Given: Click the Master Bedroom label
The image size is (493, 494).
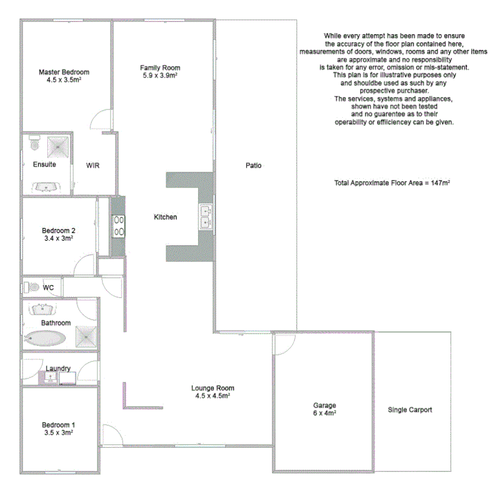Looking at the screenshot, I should (x=64, y=72).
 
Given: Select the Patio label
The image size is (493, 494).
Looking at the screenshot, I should (x=254, y=165).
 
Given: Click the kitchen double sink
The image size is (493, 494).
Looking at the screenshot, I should (x=206, y=216).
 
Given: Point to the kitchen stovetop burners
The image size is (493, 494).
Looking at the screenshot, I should (x=118, y=226).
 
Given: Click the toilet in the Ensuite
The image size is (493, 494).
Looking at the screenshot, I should (x=35, y=144).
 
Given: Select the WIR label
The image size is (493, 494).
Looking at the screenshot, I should (x=93, y=165).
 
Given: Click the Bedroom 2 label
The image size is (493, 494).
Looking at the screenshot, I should (x=59, y=230).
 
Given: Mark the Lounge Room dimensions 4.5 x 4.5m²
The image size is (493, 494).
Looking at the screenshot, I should (x=212, y=396).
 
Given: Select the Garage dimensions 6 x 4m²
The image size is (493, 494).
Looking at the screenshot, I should (x=324, y=413).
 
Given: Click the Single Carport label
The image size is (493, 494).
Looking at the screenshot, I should (x=410, y=410).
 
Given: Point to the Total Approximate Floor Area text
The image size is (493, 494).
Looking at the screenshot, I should (x=392, y=182).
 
